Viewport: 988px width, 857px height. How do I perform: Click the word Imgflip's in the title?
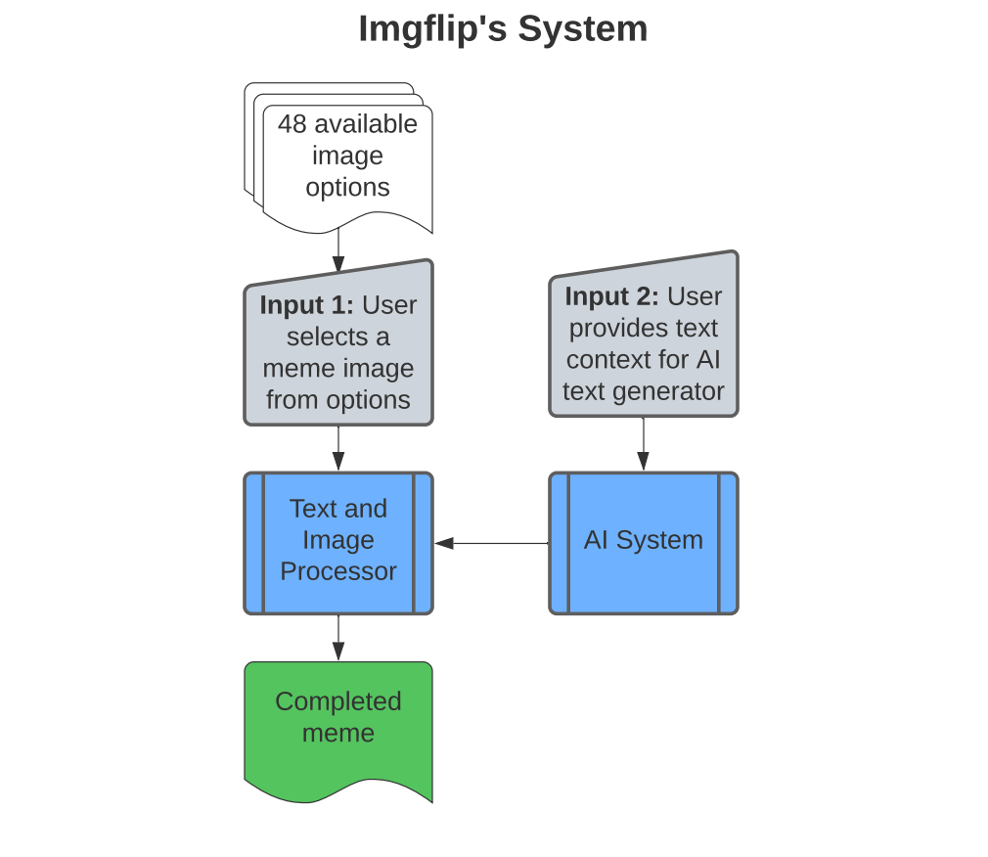(x=432, y=28)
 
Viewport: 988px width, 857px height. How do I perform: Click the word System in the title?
(x=583, y=28)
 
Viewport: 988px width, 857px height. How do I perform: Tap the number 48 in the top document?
(x=292, y=124)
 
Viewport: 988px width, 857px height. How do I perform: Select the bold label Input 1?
(x=306, y=305)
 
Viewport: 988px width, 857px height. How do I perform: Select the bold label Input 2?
(x=611, y=296)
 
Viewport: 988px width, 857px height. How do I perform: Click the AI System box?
(x=643, y=541)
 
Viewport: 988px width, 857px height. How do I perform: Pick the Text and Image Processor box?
(x=338, y=541)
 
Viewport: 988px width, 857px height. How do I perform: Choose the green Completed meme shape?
(x=338, y=729)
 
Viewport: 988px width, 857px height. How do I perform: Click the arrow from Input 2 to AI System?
(x=643, y=445)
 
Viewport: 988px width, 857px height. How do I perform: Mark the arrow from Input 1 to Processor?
(x=338, y=449)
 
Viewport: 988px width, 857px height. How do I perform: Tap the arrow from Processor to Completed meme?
(x=338, y=638)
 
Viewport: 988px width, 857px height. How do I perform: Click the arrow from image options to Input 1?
(x=338, y=250)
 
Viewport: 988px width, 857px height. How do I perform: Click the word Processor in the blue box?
(x=338, y=571)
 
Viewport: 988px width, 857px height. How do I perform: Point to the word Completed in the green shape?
(x=338, y=701)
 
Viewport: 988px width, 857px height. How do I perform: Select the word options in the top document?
(x=347, y=187)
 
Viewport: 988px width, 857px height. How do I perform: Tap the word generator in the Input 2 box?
(x=677, y=391)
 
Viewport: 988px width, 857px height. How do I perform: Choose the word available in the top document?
(x=366, y=124)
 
